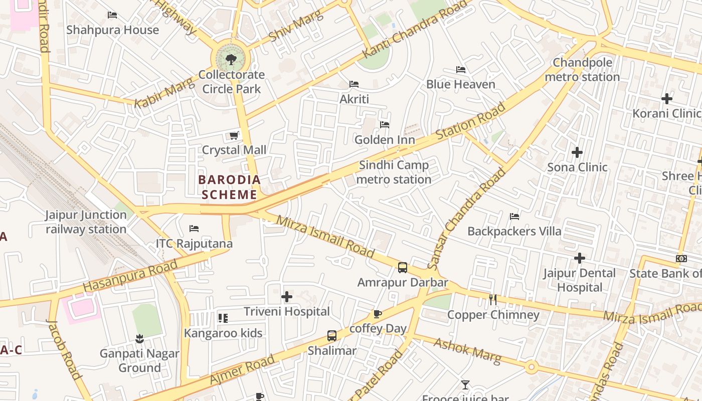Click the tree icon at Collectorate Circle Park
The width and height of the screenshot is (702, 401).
tap(231, 60)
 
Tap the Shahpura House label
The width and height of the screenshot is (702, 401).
tap(112, 30)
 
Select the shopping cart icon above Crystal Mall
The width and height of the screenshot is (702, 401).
tap(234, 135)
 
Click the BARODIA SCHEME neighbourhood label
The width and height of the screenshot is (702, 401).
tap(230, 187)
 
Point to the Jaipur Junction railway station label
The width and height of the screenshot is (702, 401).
tap(86, 222)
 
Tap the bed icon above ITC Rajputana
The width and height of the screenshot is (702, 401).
tap(194, 229)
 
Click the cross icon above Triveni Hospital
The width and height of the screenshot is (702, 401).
tap(287, 297)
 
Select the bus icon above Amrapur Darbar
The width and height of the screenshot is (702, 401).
tap(403, 268)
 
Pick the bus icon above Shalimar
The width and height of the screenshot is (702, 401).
tap(332, 336)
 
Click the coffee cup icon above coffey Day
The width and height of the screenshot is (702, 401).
tap(377, 314)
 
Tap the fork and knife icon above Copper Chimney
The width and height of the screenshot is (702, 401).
tap(493, 300)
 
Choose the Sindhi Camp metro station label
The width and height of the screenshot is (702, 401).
tap(394, 172)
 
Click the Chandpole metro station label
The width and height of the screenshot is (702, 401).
tap(582, 70)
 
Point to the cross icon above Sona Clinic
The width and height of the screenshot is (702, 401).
tap(577, 152)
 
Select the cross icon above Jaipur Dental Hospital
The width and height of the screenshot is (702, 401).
tap(580, 259)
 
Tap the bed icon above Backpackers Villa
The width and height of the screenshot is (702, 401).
tap(514, 217)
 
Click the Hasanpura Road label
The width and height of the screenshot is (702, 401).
tap(130, 276)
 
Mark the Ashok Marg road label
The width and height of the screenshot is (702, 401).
tap(467, 351)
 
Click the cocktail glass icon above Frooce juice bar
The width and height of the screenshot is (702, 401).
tap(465, 385)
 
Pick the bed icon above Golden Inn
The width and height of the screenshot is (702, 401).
tap(385, 125)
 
